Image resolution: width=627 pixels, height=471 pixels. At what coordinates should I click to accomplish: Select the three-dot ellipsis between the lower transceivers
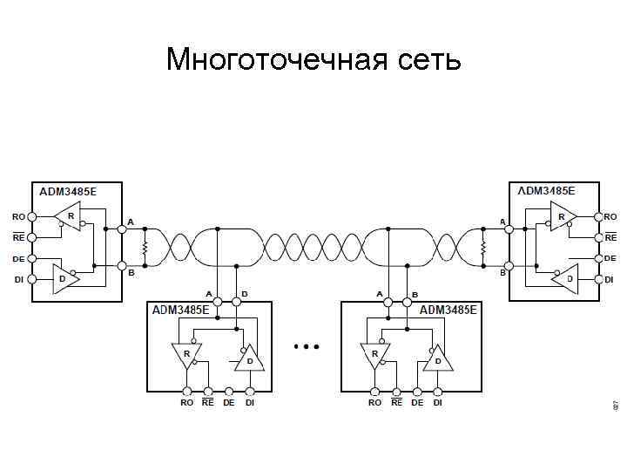coord(307,347)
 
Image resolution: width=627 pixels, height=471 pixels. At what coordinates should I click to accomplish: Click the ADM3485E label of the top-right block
coord(546,191)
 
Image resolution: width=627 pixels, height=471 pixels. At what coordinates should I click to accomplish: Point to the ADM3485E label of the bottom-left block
coord(181,310)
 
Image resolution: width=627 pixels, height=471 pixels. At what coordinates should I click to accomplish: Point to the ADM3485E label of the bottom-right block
coord(448,310)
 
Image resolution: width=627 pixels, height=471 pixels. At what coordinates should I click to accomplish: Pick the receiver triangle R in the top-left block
coord(68,215)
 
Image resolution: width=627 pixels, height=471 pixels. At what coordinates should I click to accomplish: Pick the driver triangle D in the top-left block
coord(63,278)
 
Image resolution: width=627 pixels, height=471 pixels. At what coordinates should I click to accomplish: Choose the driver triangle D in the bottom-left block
coord(249,358)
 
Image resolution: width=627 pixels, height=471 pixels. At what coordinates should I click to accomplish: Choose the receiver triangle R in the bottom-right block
coord(374,354)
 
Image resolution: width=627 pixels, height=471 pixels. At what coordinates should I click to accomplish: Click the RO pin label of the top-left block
coord(18,216)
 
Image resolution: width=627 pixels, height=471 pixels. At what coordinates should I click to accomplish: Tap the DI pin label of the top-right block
coord(610,279)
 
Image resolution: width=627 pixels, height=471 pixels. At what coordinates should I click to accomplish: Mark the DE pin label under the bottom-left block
coord(228,403)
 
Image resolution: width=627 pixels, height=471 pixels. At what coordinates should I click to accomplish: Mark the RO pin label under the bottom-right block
coord(374,403)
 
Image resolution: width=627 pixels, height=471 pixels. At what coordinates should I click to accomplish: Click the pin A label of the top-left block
coord(131,222)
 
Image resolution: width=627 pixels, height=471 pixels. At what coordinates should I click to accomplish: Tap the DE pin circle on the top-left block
coord(32,259)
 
